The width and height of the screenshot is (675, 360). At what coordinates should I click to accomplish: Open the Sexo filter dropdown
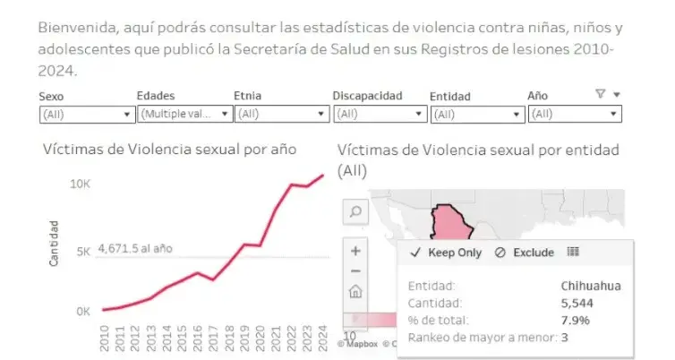click(87, 114)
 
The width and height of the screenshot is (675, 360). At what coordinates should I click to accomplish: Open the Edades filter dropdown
click(184, 114)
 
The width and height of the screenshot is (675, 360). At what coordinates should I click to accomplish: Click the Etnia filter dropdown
click(281, 114)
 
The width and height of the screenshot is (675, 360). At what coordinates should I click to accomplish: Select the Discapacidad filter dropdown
click(380, 114)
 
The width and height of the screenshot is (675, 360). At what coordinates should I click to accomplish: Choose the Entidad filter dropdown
click(477, 114)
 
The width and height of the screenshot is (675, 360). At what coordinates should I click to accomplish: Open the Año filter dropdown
click(574, 114)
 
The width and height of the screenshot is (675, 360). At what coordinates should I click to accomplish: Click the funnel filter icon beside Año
click(600, 94)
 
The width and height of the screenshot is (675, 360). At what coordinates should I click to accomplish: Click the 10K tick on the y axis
click(81, 184)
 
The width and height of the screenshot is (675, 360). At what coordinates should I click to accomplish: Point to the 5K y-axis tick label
click(83, 252)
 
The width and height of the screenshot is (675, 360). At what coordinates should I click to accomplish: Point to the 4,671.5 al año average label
click(135, 248)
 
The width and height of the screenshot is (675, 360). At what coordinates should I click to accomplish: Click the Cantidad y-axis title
click(54, 243)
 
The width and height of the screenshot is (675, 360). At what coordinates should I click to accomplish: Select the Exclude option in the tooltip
click(525, 253)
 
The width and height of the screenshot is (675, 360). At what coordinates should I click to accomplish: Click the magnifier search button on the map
click(355, 211)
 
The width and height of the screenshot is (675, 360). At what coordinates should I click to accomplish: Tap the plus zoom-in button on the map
click(355, 251)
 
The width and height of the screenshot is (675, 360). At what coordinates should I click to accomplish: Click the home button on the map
click(355, 291)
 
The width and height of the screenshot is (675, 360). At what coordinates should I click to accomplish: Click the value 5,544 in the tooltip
click(602, 303)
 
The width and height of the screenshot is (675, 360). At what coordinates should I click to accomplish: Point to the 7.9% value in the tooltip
click(605, 320)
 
